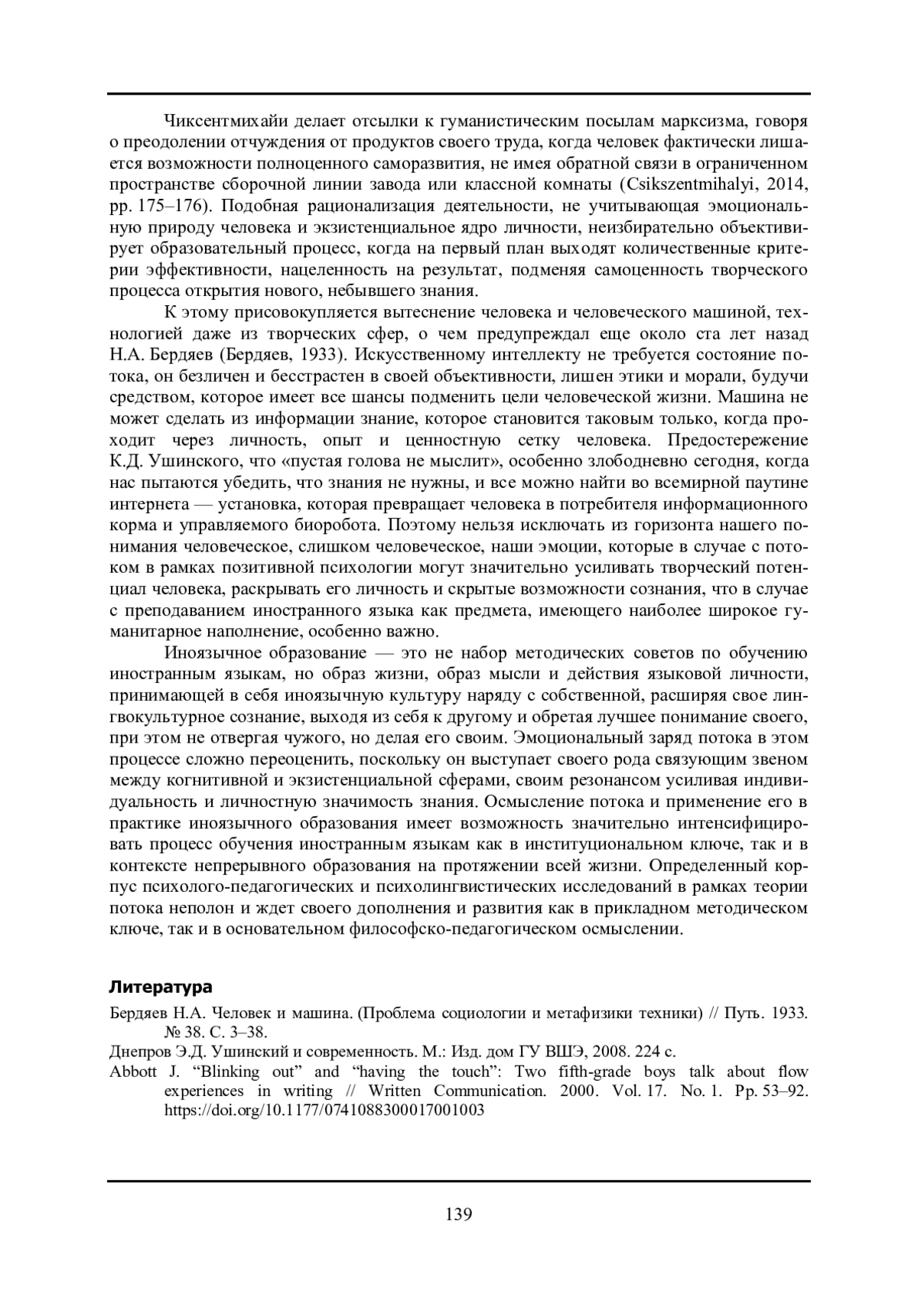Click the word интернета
tap(150, 505)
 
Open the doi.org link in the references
tap(324, 1110)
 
